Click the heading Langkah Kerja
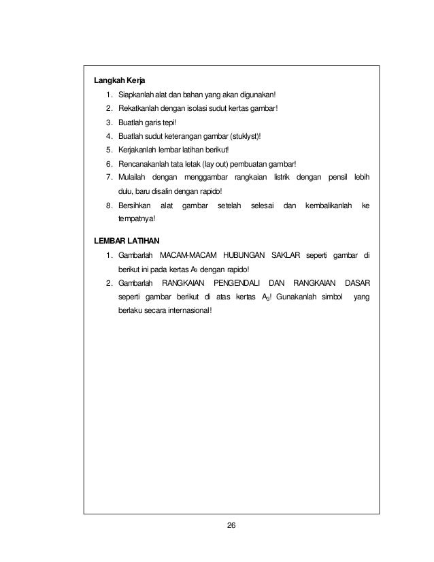click(118, 79)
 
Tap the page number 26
click(232, 525)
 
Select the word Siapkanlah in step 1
click(135, 94)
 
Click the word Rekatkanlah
click(138, 108)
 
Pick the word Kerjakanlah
click(138, 150)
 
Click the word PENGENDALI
click(237, 282)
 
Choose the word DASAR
click(357, 282)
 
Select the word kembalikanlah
click(329, 205)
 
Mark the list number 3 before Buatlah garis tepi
click(109, 122)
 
